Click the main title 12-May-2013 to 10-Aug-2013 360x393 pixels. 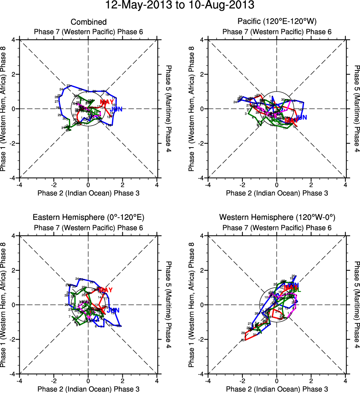[x=180, y=5]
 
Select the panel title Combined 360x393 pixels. [x=88, y=22]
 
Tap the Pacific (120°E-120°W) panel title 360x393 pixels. [x=277, y=22]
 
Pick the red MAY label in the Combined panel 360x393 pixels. [x=107, y=102]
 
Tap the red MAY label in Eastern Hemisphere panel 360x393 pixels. [x=105, y=290]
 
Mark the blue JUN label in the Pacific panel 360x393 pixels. [x=301, y=118]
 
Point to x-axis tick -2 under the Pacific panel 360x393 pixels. [x=242, y=184]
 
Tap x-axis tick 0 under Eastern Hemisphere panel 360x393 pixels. [x=88, y=380]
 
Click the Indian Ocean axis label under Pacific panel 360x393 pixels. [x=277, y=193]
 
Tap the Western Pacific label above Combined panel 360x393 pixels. [x=89, y=32]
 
